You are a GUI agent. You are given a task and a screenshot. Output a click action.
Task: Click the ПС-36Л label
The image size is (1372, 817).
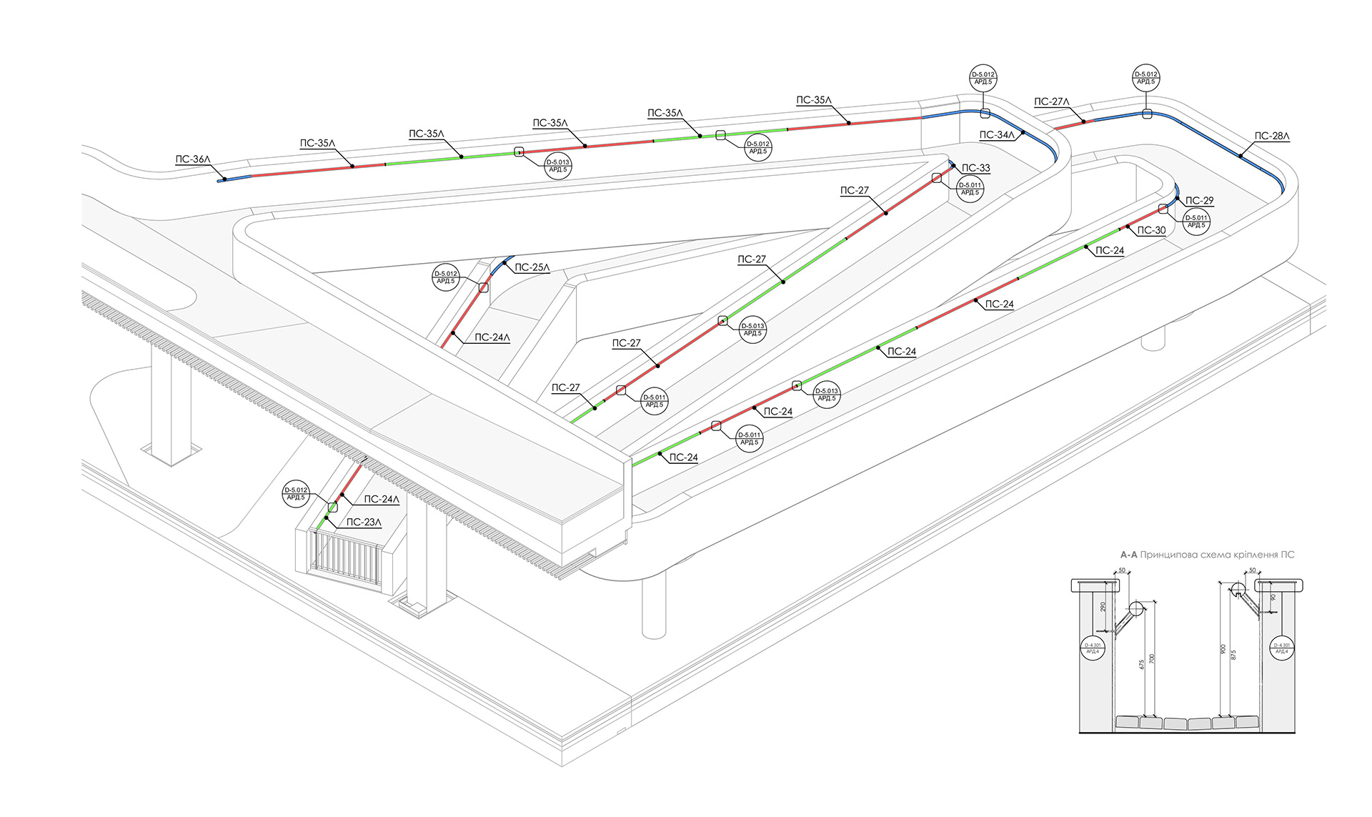[193, 159]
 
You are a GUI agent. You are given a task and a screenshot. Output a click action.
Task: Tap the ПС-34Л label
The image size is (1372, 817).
[996, 135]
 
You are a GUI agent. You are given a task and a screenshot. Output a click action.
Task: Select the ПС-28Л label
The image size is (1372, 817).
[1272, 136]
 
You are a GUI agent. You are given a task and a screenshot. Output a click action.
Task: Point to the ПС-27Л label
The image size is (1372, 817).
[1051, 102]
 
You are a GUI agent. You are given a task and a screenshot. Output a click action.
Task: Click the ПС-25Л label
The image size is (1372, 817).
[532, 267]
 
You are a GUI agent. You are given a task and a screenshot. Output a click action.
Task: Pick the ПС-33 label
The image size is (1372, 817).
[975, 168]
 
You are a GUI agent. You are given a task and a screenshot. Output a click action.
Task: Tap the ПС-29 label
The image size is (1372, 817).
[1199, 201]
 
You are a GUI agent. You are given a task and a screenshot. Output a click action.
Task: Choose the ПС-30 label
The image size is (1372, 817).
[1151, 230]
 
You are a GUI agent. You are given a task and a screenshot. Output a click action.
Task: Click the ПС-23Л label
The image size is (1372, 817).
[364, 523]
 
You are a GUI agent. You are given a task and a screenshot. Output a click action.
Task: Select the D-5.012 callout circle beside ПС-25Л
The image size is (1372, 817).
[446, 277]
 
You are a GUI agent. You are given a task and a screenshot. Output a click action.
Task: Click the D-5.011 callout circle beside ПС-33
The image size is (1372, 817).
[970, 189]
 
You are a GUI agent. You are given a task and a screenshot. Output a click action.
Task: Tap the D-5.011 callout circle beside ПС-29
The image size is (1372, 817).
[1196, 222]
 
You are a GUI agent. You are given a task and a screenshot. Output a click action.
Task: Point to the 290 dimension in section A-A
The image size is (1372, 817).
[1103, 607]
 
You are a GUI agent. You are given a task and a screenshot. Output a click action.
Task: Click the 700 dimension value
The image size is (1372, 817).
[1151, 658]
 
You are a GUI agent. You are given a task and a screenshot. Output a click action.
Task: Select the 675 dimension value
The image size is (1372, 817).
[1142, 664]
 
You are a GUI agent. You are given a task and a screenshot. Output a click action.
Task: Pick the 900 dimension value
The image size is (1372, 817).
[1223, 649]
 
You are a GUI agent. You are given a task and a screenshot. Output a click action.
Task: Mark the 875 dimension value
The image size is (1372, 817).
[1233, 654]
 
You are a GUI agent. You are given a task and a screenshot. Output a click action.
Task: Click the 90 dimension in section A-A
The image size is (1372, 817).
[1273, 598]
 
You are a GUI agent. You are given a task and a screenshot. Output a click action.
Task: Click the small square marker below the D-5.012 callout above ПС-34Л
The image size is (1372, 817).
[985, 113]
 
